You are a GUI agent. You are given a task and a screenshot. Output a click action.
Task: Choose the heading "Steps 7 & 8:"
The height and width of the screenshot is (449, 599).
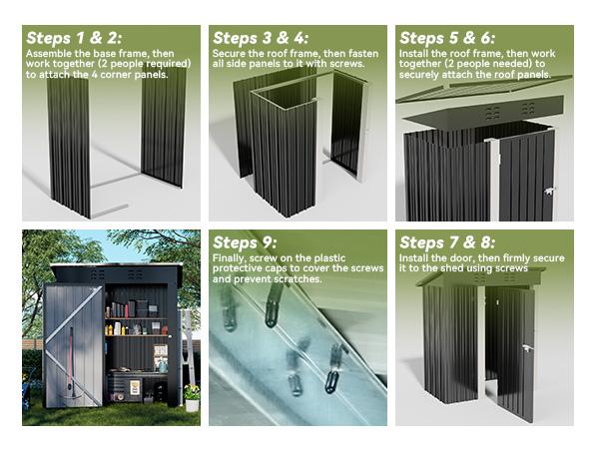pos(444,244)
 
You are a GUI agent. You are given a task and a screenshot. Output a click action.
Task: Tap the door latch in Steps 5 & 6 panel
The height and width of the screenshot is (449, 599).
pos(547,192)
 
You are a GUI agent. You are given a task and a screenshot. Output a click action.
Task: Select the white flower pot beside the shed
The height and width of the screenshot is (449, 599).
pos(191,403)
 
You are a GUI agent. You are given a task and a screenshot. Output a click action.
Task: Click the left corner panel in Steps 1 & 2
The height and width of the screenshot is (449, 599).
pos(69,145)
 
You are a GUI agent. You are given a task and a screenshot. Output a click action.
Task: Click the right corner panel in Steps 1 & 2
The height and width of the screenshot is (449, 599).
pos(164,125)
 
